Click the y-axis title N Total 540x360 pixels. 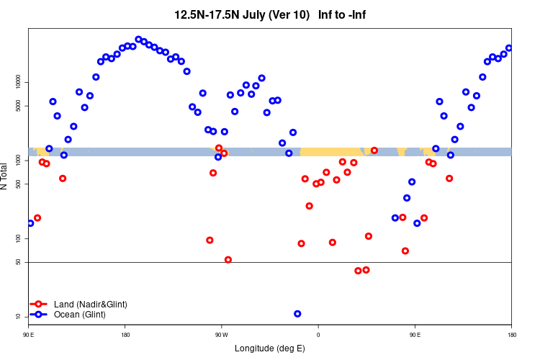(x=5, y=176)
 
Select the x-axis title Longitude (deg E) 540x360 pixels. (x=270, y=348)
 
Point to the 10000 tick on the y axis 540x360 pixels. (x=19, y=83)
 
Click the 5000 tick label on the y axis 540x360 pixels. (x=19, y=107)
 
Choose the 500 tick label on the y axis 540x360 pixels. (x=19, y=184)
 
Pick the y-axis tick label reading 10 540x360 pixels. (x=19, y=316)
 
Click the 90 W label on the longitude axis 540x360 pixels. (x=221, y=335)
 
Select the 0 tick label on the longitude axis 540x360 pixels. (x=318, y=335)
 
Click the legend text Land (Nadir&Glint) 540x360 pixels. (x=91, y=305)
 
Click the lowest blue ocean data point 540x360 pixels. (x=297, y=314)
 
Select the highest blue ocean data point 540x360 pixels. (x=138, y=40)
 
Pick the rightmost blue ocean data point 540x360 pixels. (x=509, y=48)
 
